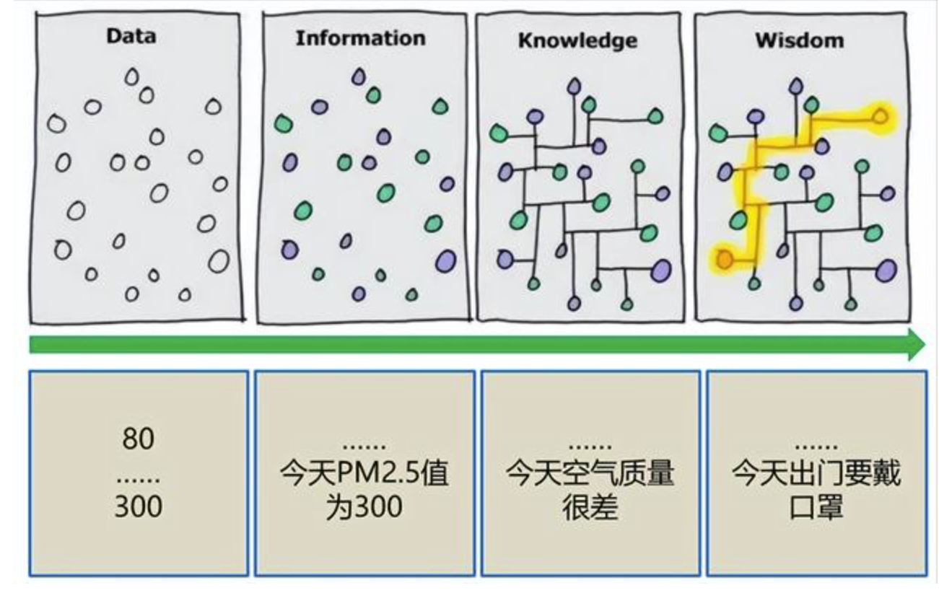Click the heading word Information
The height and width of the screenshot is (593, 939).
click(360, 38)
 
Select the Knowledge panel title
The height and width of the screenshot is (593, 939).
click(577, 40)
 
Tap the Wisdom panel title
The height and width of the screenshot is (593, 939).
click(799, 40)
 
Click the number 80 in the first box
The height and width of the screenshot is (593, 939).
click(138, 439)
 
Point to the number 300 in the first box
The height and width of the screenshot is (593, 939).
click(138, 506)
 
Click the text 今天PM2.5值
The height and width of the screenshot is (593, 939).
click(364, 475)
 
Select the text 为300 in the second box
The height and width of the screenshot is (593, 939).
click(364, 507)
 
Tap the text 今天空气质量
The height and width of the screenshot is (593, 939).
click(590, 475)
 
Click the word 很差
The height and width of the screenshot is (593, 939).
click(590, 507)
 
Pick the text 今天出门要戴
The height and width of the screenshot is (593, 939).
click(816, 475)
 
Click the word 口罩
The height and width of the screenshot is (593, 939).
click(816, 507)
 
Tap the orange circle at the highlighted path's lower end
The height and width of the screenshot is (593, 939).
click(725, 258)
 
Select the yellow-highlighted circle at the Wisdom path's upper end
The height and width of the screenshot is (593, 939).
click(880, 115)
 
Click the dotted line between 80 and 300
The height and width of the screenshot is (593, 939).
click(138, 479)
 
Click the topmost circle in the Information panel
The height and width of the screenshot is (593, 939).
click(359, 76)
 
